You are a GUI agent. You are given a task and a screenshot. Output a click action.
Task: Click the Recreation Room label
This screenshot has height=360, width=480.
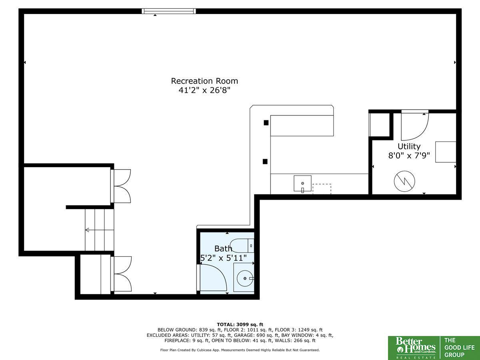point(204,81)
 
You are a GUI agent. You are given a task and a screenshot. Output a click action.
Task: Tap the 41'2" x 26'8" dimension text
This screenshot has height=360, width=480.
point(204,90)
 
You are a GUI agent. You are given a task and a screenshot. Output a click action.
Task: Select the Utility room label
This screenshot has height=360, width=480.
point(409,146)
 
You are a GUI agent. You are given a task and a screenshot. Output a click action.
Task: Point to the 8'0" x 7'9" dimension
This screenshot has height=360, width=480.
point(409,156)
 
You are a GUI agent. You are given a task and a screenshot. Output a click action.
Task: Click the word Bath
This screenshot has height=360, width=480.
point(223,248)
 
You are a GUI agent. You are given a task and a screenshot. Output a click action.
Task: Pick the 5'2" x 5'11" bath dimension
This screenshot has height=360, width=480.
point(224,258)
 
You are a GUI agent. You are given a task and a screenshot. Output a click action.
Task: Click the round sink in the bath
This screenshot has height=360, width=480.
point(245,278)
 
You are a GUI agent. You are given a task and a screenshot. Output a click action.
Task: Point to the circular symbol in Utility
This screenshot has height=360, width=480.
point(404,182)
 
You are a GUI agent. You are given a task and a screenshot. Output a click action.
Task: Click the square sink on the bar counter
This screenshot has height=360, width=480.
point(302,183)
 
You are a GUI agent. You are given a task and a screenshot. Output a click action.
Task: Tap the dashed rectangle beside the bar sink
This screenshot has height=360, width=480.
point(322,189)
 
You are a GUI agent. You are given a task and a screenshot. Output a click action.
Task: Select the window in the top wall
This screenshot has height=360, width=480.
point(169,11)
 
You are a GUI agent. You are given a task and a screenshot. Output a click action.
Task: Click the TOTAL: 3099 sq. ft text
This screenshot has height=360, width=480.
point(240,324)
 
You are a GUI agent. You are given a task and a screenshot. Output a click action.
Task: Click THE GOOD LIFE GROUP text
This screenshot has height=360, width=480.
point(459,348)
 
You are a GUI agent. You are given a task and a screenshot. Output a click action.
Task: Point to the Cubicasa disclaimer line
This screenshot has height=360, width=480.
point(240,350)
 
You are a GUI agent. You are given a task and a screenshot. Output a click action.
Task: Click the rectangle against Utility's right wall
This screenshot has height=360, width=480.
point(446,152)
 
